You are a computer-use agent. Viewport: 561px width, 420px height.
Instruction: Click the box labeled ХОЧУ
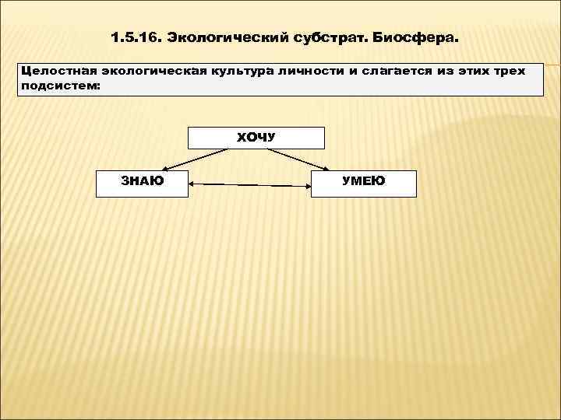pos(256,138)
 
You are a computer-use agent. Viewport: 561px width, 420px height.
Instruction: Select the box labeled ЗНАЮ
pos(142,182)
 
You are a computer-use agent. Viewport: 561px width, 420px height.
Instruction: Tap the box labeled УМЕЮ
pos(363,182)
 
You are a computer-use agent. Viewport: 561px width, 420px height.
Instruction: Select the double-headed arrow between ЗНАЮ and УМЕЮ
pos(249,185)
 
